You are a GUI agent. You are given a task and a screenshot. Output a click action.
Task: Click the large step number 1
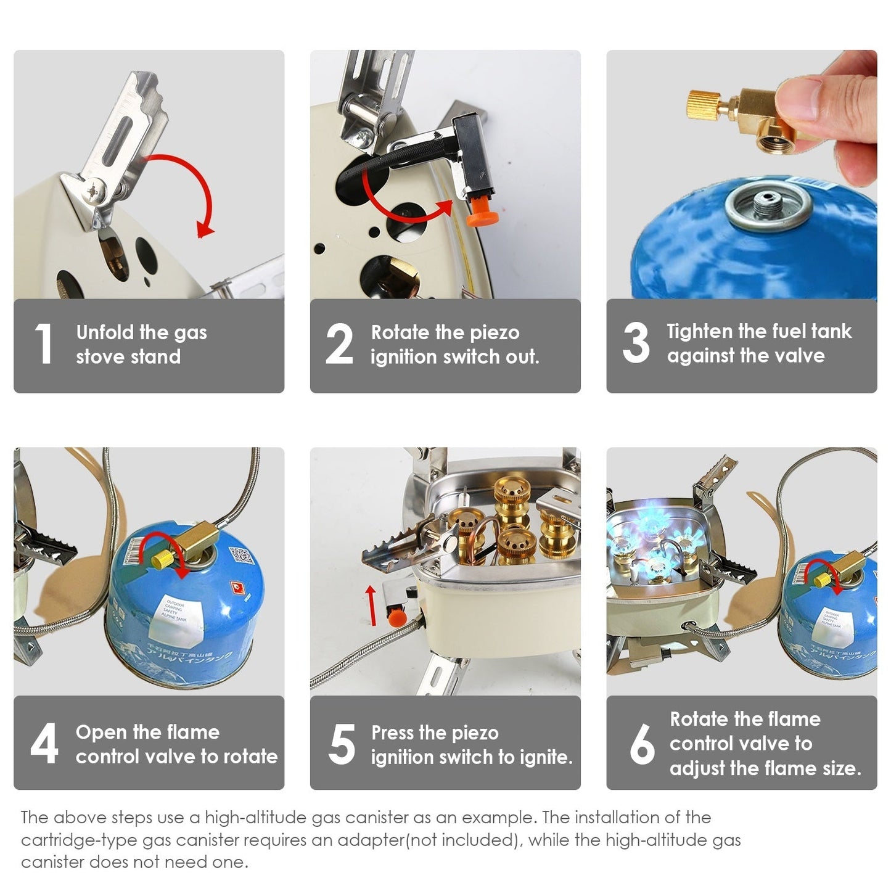coord(43,343)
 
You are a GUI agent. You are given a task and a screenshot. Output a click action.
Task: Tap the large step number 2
coord(339,343)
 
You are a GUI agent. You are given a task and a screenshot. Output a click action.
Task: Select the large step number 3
coord(636,342)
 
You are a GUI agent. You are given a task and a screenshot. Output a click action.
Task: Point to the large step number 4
coord(44,744)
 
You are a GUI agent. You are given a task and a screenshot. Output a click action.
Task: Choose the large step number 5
coord(342,744)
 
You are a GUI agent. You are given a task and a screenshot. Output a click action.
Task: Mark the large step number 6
coord(642,744)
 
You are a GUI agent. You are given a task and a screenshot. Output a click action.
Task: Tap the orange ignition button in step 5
coord(396,615)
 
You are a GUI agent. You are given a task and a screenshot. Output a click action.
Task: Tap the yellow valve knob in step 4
coord(162,558)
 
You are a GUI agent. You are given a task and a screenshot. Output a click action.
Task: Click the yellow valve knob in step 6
coord(821,580)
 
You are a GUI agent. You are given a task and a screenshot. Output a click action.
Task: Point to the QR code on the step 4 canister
coord(241,557)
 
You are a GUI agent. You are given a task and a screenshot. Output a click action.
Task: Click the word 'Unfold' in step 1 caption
coord(105,332)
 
